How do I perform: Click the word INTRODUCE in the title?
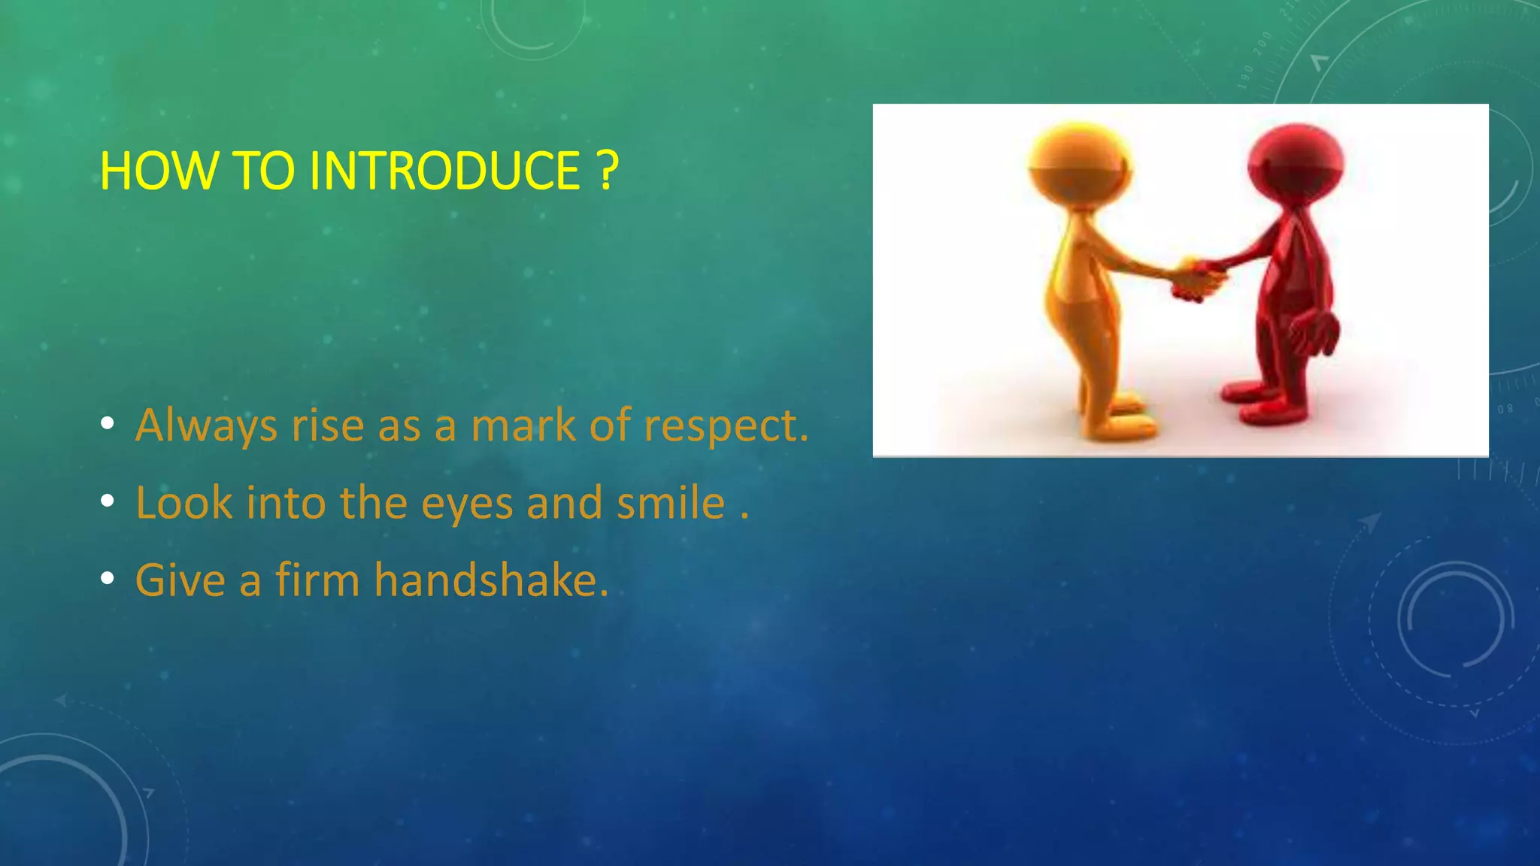coord(444,171)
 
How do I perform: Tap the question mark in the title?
coord(608,171)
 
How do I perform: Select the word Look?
coord(184,502)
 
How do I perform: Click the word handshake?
coord(490,580)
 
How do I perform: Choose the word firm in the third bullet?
coord(317,580)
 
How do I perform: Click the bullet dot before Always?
coord(108,425)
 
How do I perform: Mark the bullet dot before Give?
coord(108,579)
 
